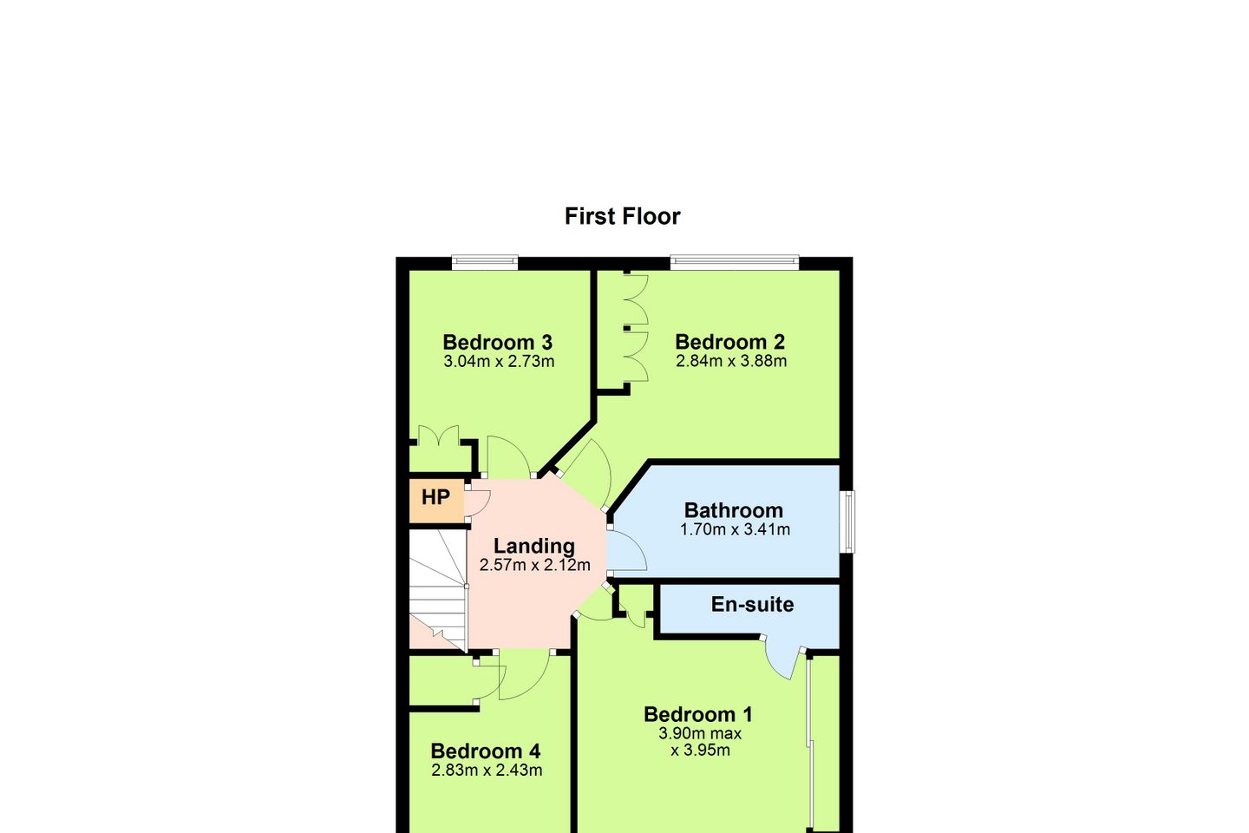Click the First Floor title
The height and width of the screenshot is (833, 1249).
[622, 216]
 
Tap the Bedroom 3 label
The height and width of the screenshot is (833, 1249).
[497, 342]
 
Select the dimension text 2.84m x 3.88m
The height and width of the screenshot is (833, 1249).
[731, 361]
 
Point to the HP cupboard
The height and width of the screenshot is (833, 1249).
[436, 497]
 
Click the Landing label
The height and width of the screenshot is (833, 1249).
[534, 546]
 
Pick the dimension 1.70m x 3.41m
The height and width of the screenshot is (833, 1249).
[735, 529]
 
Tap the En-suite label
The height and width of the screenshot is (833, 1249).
[752, 604]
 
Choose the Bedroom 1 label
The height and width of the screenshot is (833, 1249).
[697, 714]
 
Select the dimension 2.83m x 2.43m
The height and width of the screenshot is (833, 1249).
[487, 770]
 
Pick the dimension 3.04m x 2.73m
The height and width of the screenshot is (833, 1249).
[499, 362]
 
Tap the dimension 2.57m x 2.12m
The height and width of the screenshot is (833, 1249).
[534, 565]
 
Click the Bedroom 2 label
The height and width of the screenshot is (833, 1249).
[729, 342]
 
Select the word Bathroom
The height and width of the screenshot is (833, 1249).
[733, 510]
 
